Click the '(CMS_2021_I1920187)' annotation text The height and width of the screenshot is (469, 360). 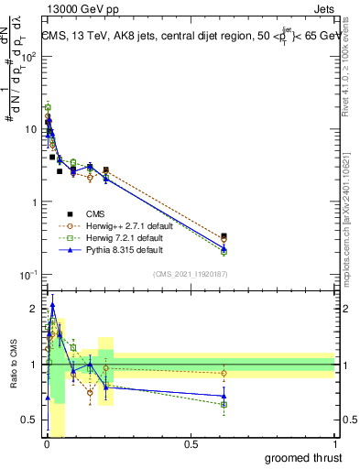pos(189,274)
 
